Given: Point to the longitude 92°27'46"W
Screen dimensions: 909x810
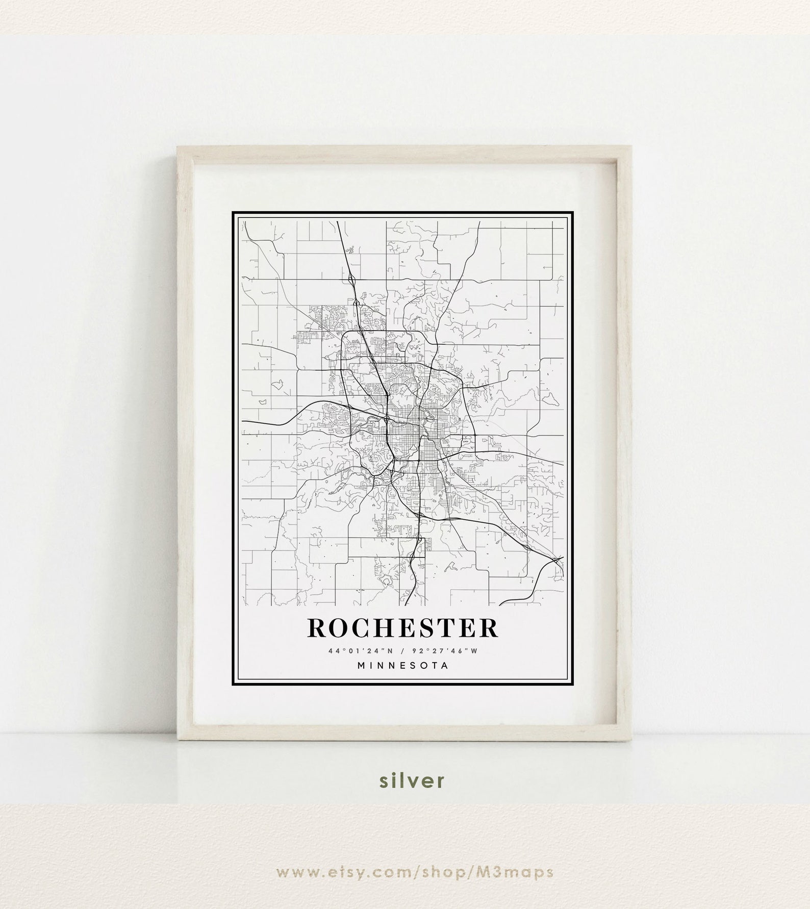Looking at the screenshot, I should click(452, 650).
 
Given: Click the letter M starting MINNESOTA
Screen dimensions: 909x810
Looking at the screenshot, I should click(361, 666).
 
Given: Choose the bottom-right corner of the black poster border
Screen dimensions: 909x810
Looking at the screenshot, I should click(574, 686).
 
